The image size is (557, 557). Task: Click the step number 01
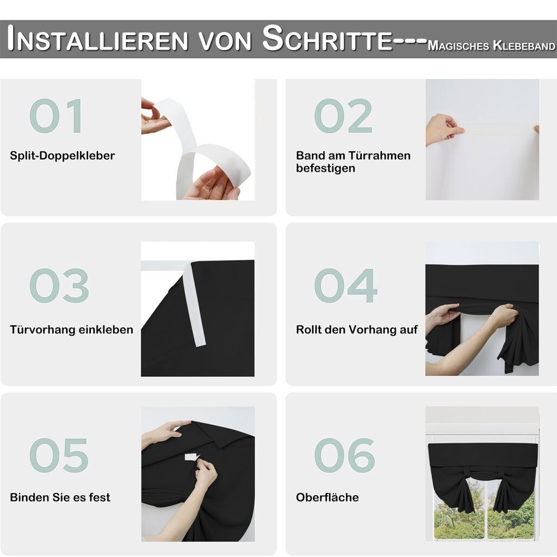pos(56,116)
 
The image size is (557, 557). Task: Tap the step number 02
pos(343,116)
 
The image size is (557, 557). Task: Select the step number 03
pos(59,286)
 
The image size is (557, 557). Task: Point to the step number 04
pos(345,286)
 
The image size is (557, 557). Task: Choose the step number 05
pos(59,455)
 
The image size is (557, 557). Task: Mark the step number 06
pos(344,455)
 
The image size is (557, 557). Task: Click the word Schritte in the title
pos(327,39)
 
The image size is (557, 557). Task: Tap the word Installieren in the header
pos(97,39)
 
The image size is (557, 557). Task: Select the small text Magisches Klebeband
pos(492,46)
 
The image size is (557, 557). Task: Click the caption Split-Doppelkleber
pos(63,156)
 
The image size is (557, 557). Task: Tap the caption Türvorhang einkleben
pos(71,330)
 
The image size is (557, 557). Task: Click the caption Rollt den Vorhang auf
pos(357,330)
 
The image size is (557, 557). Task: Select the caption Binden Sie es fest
pos(60,497)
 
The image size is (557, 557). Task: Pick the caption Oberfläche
pos(327,497)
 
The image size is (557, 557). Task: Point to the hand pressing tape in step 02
pos(443,129)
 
